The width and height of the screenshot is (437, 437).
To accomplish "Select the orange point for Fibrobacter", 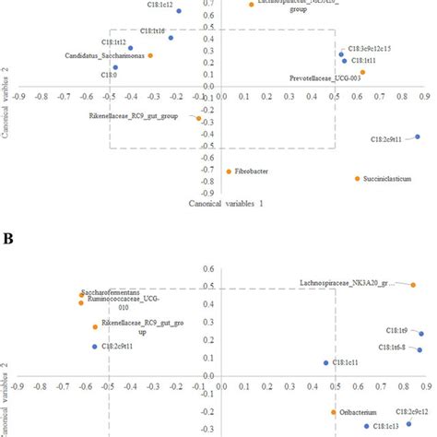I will pos(229,171).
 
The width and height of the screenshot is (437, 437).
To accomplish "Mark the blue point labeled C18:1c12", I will pos(179,11).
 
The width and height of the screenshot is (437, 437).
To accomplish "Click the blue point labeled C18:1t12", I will pos(131,48).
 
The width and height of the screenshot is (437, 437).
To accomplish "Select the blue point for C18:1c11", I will pos(325,362).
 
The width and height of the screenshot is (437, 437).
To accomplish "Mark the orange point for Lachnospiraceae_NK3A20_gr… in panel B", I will pos(413,285).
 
